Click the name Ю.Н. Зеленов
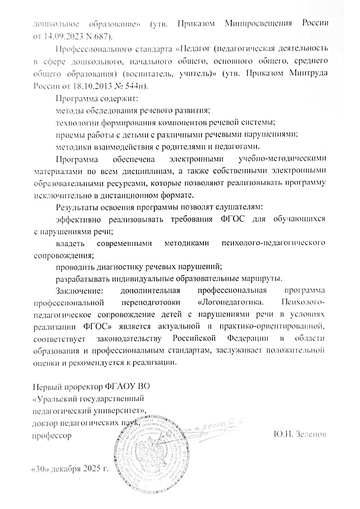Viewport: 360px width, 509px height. point(299,434)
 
